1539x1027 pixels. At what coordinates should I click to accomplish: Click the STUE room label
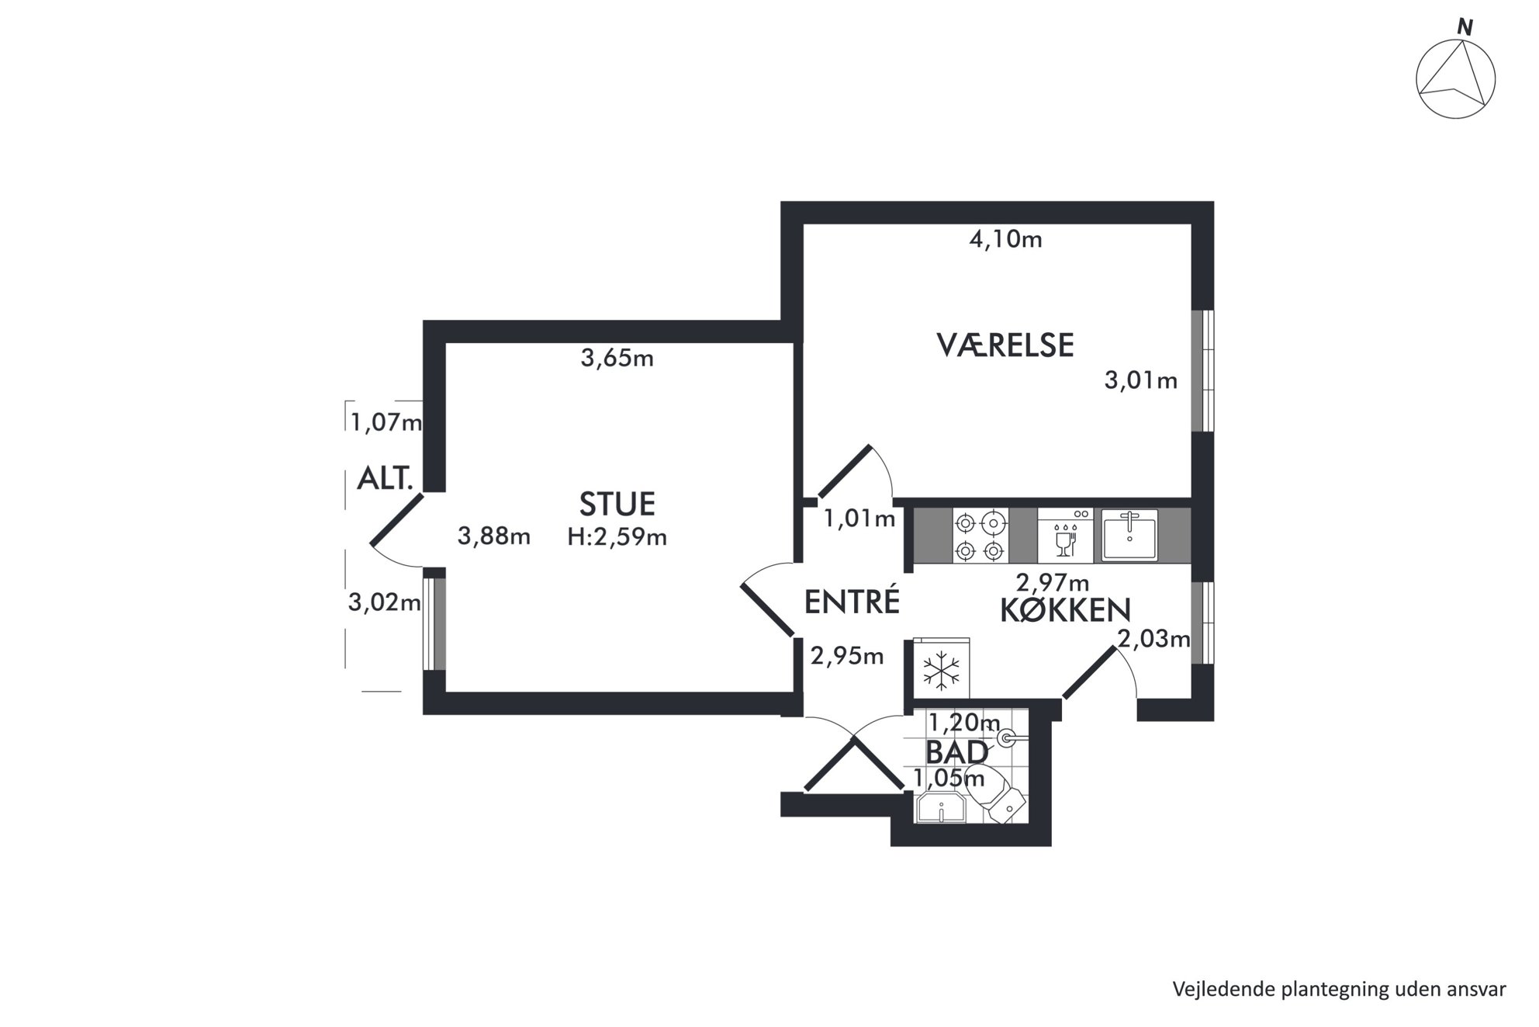pos(617,505)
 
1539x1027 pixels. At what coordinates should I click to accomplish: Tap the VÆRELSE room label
pos(1005,345)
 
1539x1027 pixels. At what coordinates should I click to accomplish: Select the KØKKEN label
pos(1065,610)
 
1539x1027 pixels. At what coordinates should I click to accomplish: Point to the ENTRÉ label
pos(852,602)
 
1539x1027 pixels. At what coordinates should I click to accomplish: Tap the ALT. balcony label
pos(385,478)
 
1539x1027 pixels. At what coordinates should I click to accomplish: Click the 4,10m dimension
pos(1005,239)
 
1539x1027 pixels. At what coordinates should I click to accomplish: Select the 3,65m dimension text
pos(617,358)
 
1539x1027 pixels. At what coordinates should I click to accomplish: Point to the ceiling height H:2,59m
pos(617,536)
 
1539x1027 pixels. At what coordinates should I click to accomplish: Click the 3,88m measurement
pos(494,536)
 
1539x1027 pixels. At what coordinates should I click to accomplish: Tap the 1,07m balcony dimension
pos(386,422)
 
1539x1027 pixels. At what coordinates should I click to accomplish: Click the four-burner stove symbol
pos(980,536)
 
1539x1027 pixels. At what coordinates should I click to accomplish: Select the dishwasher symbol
pos(1065,536)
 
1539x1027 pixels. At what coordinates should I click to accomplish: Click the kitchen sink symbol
pos(1129,534)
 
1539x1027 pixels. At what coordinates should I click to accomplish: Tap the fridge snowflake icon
pos(941,670)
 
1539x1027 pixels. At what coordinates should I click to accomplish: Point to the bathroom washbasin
pos(940,808)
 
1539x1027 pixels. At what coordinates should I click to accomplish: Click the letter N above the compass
pos(1465,27)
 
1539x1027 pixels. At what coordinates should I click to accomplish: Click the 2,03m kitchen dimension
pos(1153,639)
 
